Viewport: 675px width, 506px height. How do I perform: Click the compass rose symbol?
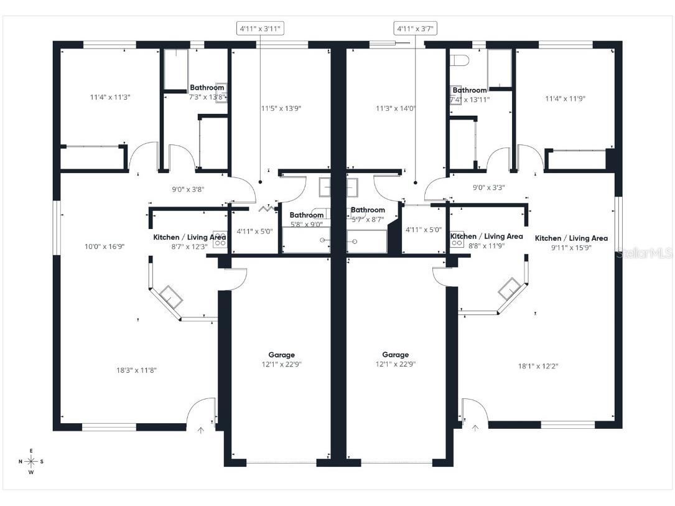30,461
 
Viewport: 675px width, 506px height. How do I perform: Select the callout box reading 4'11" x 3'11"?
259,28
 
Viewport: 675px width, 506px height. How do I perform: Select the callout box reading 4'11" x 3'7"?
415,28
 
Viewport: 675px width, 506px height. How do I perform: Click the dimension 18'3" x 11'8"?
136,370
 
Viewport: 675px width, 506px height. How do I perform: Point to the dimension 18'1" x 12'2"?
538,366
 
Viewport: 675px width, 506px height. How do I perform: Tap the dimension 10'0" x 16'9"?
105,246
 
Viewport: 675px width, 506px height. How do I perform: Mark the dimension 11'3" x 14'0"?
395,108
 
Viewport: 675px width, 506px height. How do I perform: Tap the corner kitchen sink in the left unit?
170,294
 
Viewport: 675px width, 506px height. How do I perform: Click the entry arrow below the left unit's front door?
200,429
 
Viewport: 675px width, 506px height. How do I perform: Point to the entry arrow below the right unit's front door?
475,428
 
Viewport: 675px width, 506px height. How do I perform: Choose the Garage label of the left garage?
281,355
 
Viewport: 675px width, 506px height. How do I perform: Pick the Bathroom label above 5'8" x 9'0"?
306,215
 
